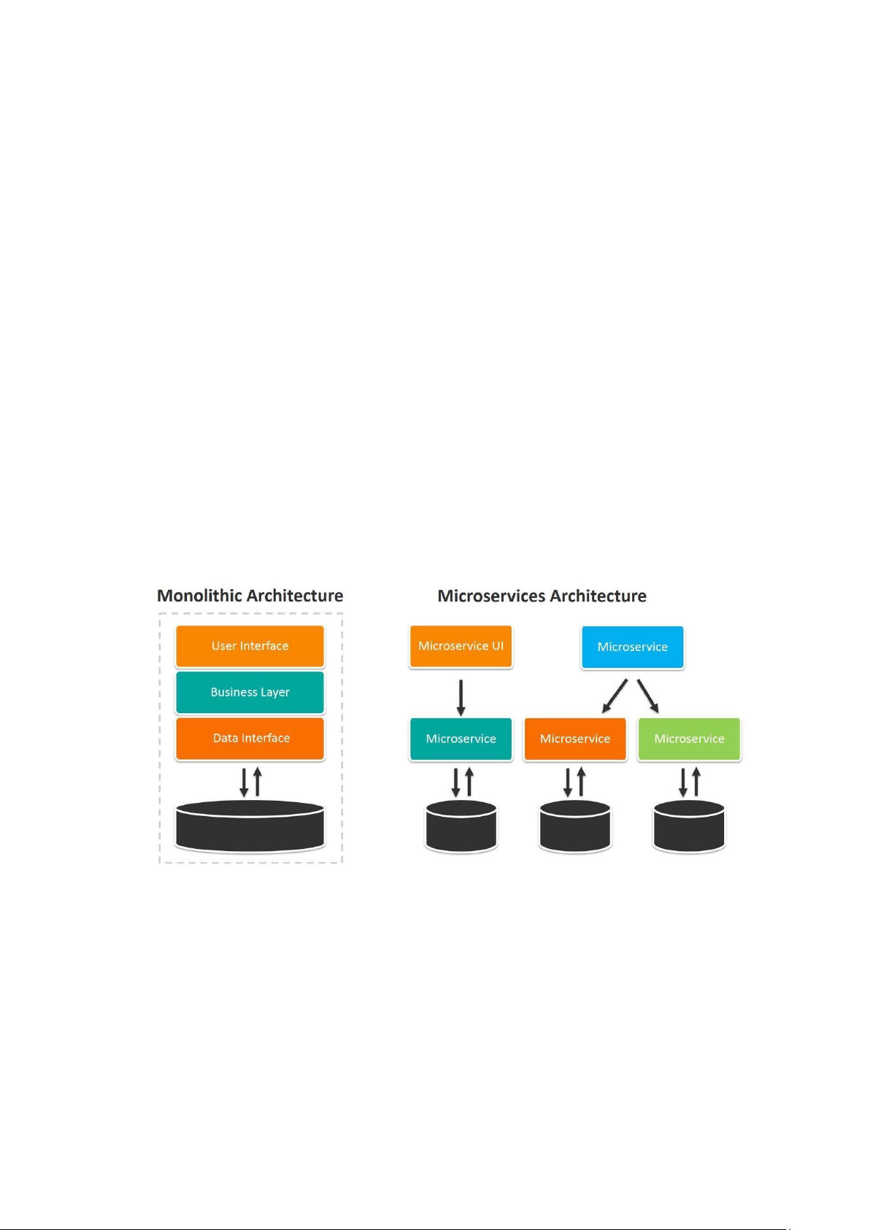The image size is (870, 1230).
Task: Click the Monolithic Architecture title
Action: (x=250, y=596)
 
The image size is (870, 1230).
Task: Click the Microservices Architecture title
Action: (x=542, y=596)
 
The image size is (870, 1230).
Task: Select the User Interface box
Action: (x=250, y=646)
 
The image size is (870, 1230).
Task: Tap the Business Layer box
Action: (x=250, y=692)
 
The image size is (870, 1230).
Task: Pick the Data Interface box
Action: (x=250, y=738)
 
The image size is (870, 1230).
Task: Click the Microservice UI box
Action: (x=461, y=646)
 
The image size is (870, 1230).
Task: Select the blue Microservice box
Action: (x=632, y=647)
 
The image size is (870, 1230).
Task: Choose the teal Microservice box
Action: (x=461, y=739)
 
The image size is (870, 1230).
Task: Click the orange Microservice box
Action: (x=575, y=739)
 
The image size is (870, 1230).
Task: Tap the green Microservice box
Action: (x=689, y=739)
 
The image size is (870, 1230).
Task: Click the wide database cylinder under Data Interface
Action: (x=250, y=826)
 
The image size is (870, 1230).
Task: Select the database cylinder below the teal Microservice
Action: (x=461, y=826)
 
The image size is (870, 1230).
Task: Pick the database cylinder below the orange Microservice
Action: (x=575, y=826)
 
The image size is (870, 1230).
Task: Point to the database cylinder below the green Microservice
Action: (x=689, y=826)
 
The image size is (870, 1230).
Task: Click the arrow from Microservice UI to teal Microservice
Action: (x=461, y=697)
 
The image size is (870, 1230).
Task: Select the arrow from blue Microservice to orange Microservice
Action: (x=615, y=696)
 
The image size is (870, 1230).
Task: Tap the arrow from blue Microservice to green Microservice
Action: (x=647, y=696)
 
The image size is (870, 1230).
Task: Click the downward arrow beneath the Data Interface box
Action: (x=244, y=783)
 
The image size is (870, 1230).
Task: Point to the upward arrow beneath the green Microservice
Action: (x=696, y=782)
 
